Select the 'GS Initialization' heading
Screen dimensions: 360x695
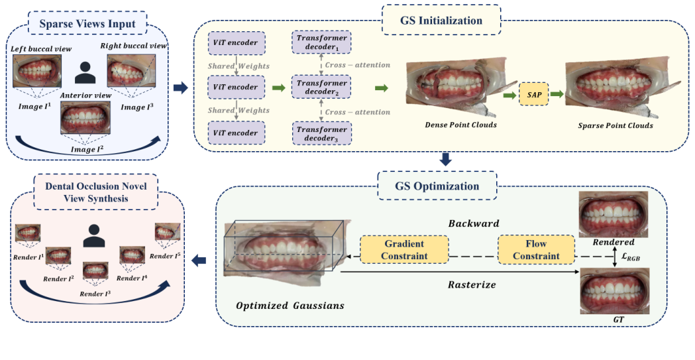tap(441, 20)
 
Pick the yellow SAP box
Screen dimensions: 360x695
tap(531, 95)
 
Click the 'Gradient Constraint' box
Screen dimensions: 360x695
tap(403, 249)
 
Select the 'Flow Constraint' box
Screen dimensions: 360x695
tap(537, 249)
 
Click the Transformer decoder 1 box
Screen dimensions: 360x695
tap(322, 43)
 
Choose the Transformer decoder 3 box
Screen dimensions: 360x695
tap(322, 133)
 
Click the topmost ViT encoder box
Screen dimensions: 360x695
tap(236, 43)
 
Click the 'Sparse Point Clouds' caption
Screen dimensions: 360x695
tap(615, 125)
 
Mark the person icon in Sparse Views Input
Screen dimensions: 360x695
tap(84, 72)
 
